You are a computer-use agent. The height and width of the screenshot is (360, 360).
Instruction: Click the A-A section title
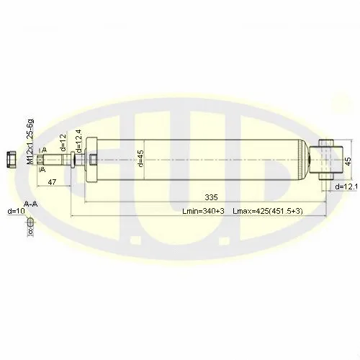click(30, 204)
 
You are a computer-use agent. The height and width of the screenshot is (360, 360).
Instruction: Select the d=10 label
click(15, 211)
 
